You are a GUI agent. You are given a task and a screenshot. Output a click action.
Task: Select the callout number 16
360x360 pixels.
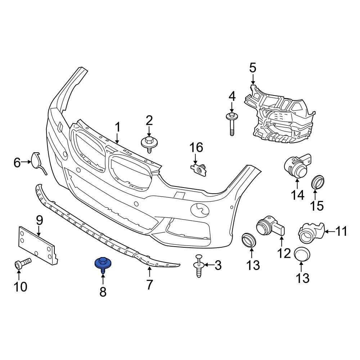click(x=197, y=148)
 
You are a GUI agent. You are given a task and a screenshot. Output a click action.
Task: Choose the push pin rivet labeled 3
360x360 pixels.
click(x=199, y=266)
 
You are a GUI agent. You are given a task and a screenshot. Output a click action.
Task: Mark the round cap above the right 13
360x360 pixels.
click(x=302, y=255)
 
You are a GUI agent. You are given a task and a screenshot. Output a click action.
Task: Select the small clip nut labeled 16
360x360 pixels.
click(x=199, y=169)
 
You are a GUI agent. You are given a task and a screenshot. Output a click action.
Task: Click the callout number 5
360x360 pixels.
click(x=253, y=67)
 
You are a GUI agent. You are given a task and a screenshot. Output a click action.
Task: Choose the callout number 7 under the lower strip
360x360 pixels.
click(x=149, y=285)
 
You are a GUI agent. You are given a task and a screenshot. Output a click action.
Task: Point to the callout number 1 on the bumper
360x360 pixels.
click(x=117, y=127)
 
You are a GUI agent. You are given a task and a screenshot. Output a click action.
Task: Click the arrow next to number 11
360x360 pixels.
click(x=329, y=231)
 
